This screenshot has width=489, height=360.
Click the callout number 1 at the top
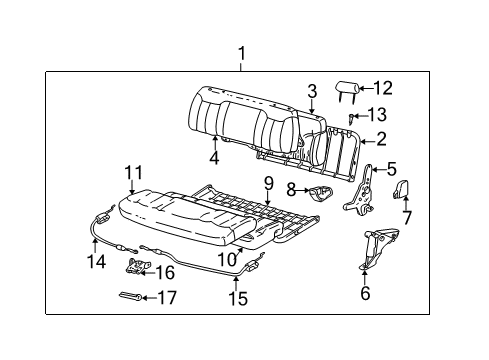(x=239, y=53)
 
